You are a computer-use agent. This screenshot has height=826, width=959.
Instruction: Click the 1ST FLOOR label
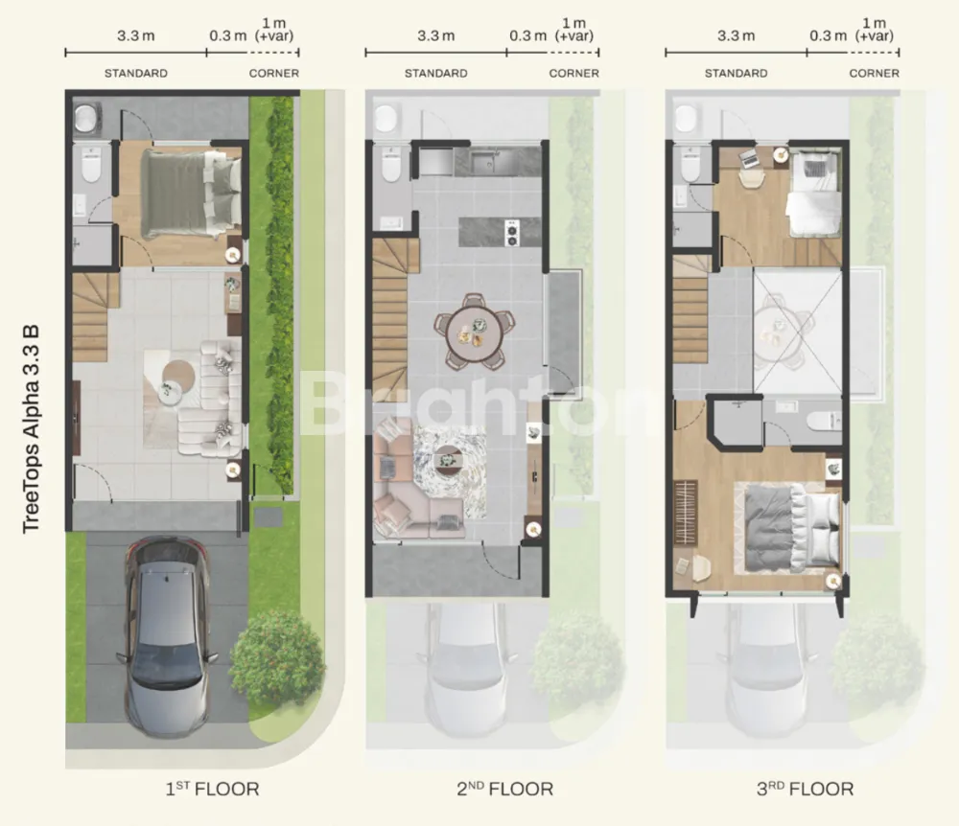[x=212, y=789]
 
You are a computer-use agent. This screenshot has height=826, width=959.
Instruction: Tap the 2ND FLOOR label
[x=504, y=789]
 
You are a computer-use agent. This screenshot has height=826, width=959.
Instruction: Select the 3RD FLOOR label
[x=805, y=789]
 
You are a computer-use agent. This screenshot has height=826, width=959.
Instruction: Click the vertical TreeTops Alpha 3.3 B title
[x=31, y=429]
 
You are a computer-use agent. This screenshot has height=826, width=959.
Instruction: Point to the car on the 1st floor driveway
[x=166, y=637]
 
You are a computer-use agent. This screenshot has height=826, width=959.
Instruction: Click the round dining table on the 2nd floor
[x=474, y=333]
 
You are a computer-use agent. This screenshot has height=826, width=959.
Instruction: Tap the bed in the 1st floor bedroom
[x=191, y=194]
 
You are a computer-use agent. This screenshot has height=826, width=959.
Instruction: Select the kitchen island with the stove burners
[x=500, y=232]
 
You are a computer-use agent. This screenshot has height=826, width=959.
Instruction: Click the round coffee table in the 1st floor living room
[x=178, y=379]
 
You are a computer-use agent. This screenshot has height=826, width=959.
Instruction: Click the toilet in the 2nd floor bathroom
[x=391, y=164]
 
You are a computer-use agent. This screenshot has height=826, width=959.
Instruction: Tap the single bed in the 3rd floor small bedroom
[x=814, y=194]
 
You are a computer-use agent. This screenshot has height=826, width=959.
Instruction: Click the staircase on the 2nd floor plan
[x=391, y=318]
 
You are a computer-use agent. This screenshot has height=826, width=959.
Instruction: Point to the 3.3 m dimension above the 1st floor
[x=136, y=36]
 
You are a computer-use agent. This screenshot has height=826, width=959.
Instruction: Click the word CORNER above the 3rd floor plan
[x=874, y=74]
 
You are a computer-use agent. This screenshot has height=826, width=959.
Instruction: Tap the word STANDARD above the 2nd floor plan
[x=436, y=74]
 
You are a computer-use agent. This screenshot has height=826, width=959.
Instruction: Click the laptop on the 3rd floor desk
[x=749, y=159]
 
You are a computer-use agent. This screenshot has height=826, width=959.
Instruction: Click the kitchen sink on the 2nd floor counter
[x=487, y=161]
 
